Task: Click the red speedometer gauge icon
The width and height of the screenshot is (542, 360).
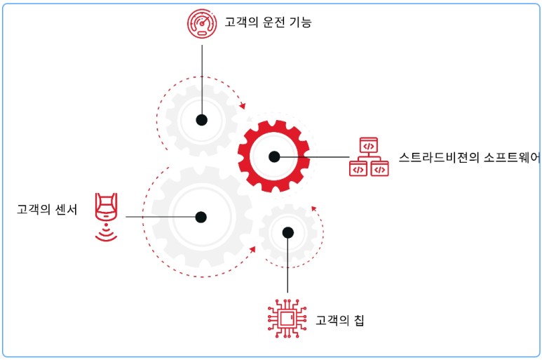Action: pyautogui.click(x=202, y=22)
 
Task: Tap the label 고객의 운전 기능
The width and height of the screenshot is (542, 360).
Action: pyautogui.click(x=268, y=22)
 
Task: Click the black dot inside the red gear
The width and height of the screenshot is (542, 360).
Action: pyautogui.click(x=274, y=156)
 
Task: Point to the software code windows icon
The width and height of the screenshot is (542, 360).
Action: pyautogui.click(x=369, y=156)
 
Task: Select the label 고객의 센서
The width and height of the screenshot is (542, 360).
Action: pyautogui.click(x=47, y=208)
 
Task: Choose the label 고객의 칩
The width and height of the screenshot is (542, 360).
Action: pyautogui.click(x=340, y=321)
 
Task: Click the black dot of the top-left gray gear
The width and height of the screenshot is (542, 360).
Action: pyautogui.click(x=202, y=120)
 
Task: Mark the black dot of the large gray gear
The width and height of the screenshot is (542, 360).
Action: pyautogui.click(x=202, y=217)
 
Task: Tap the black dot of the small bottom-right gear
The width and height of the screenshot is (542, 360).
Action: pyautogui.click(x=287, y=233)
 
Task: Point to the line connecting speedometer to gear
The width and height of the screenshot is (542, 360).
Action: pyautogui.click(x=202, y=77)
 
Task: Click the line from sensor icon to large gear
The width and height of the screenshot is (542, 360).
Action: pyautogui.click(x=161, y=217)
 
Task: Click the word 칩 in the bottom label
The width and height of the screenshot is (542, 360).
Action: pyautogui.click(x=358, y=321)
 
